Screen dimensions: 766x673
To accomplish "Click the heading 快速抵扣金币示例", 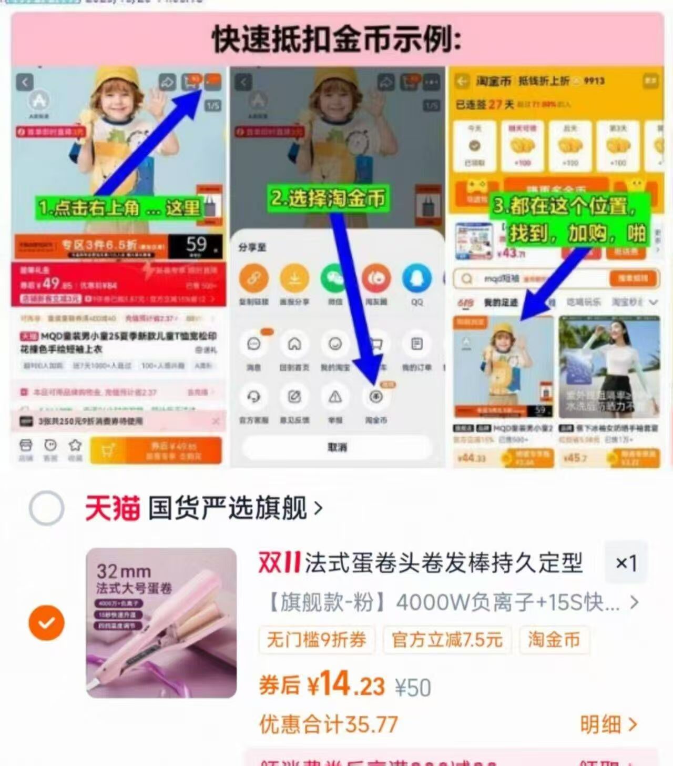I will point(336,40).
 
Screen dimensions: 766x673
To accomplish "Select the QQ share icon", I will point(416,279).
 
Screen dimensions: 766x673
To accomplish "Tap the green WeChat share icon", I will point(335,279).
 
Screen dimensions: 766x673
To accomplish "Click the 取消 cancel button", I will point(337,447).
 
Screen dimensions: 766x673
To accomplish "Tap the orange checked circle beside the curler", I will point(46,622).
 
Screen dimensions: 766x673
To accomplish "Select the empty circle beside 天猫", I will point(46,508).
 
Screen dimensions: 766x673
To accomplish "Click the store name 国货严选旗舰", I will point(227,508).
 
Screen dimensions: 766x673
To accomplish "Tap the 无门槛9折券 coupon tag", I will point(317,640).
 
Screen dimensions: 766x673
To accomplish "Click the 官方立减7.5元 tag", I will point(447,640).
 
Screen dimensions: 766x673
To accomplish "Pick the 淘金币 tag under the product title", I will point(554,640).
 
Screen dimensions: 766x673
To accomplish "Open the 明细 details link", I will point(608,724).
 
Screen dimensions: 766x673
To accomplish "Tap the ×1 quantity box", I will point(626,563).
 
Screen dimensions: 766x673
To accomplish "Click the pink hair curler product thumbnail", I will point(161,623).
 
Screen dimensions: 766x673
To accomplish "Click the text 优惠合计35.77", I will point(328,724).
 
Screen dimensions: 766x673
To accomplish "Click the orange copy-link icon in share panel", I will point(253,279).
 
